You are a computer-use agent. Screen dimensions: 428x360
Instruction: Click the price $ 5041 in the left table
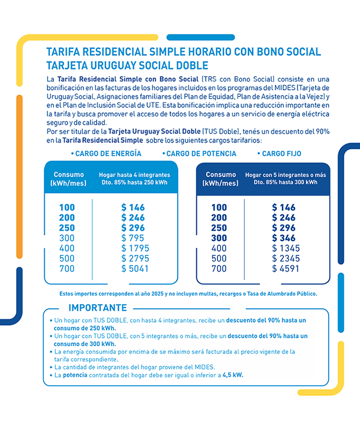pos(135,269)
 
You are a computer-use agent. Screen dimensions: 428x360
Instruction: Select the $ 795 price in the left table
pos(133,238)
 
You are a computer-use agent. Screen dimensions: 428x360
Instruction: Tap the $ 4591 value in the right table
pos(285,269)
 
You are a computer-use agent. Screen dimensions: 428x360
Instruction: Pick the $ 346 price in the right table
pos(283,238)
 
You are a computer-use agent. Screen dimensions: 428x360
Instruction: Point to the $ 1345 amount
pos(285,248)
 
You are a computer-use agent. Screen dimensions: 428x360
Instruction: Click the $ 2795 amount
pos(135,258)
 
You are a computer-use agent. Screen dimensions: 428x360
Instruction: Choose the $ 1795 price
pos(135,248)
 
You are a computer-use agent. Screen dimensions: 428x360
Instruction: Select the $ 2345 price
pos(285,258)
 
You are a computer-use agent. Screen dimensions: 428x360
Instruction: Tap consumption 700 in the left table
pos(66,269)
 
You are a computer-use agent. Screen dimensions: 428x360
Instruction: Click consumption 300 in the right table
pos(219,238)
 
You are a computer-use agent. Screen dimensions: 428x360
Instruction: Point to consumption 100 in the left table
pos(66,208)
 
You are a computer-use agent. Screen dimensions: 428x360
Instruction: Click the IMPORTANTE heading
pos(97,308)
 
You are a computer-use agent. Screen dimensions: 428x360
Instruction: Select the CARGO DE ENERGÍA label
pos(108,153)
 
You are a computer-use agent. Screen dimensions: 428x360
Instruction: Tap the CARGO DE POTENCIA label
pos(201,153)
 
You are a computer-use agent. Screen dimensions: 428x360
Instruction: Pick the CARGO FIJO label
pos(281,153)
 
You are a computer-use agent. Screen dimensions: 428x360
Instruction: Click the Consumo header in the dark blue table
pos(221,175)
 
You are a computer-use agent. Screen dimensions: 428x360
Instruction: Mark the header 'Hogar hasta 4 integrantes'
pos(134,175)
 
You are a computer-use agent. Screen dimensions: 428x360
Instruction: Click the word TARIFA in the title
pos(64,52)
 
